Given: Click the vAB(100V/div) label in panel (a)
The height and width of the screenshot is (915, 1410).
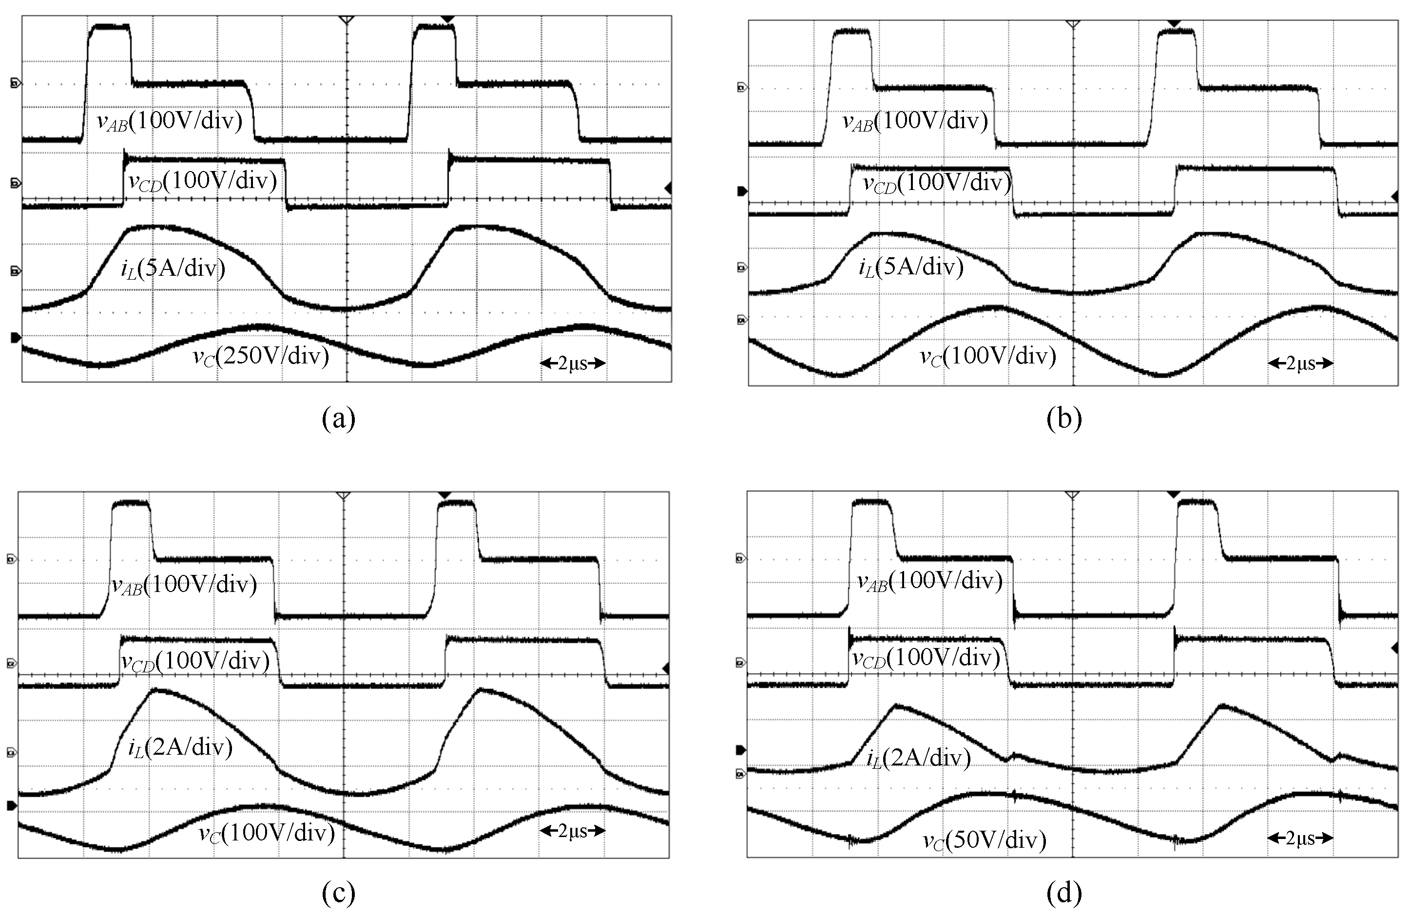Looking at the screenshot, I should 170,121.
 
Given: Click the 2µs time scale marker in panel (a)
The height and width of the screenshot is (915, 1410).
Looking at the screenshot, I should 572,363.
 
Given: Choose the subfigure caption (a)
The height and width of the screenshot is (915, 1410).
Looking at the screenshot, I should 339,418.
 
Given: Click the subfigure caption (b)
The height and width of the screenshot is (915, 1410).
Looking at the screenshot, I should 1064,418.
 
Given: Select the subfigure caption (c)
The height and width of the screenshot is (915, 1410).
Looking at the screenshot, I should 339,892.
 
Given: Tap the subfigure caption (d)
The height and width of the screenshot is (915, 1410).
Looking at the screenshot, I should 1064,892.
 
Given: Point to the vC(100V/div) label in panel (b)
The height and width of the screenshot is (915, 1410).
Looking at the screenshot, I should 987,356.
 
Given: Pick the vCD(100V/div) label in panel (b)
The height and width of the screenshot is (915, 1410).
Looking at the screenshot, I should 937,183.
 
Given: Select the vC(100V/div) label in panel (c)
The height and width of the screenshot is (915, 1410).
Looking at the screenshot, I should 267,833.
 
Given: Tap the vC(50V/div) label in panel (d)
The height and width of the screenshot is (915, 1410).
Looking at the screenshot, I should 985,840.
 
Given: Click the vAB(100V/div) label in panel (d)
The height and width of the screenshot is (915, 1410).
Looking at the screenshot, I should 929,581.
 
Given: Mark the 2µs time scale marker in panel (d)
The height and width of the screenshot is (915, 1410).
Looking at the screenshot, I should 1300,838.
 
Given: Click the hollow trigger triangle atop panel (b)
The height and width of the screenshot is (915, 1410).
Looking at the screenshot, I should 1072,24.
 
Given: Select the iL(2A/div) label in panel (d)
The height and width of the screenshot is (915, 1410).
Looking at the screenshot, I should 918,758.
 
